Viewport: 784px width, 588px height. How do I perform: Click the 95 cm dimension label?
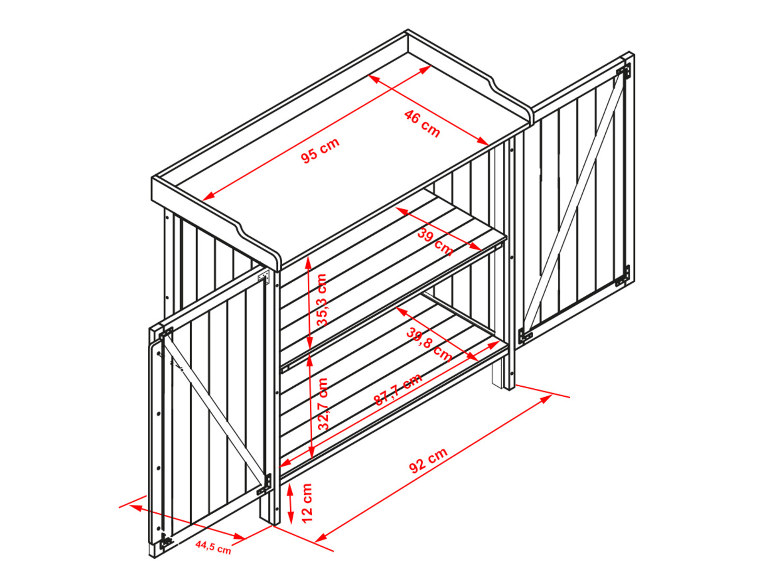pos(320,151)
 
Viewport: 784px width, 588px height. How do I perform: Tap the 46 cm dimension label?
pos(422,123)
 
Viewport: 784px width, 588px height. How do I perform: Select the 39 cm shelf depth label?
pos(435,243)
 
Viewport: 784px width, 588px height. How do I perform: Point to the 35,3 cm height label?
pos(322,299)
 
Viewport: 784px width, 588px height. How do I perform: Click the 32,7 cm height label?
pos(323,405)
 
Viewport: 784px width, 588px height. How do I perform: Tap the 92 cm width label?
pos(428,460)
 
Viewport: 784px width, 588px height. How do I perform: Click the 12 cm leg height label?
pos(307,503)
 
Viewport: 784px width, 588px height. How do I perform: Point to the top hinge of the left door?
pos(166,333)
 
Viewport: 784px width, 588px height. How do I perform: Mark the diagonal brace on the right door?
pos(574,204)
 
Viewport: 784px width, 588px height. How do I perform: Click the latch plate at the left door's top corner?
pos(264,276)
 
